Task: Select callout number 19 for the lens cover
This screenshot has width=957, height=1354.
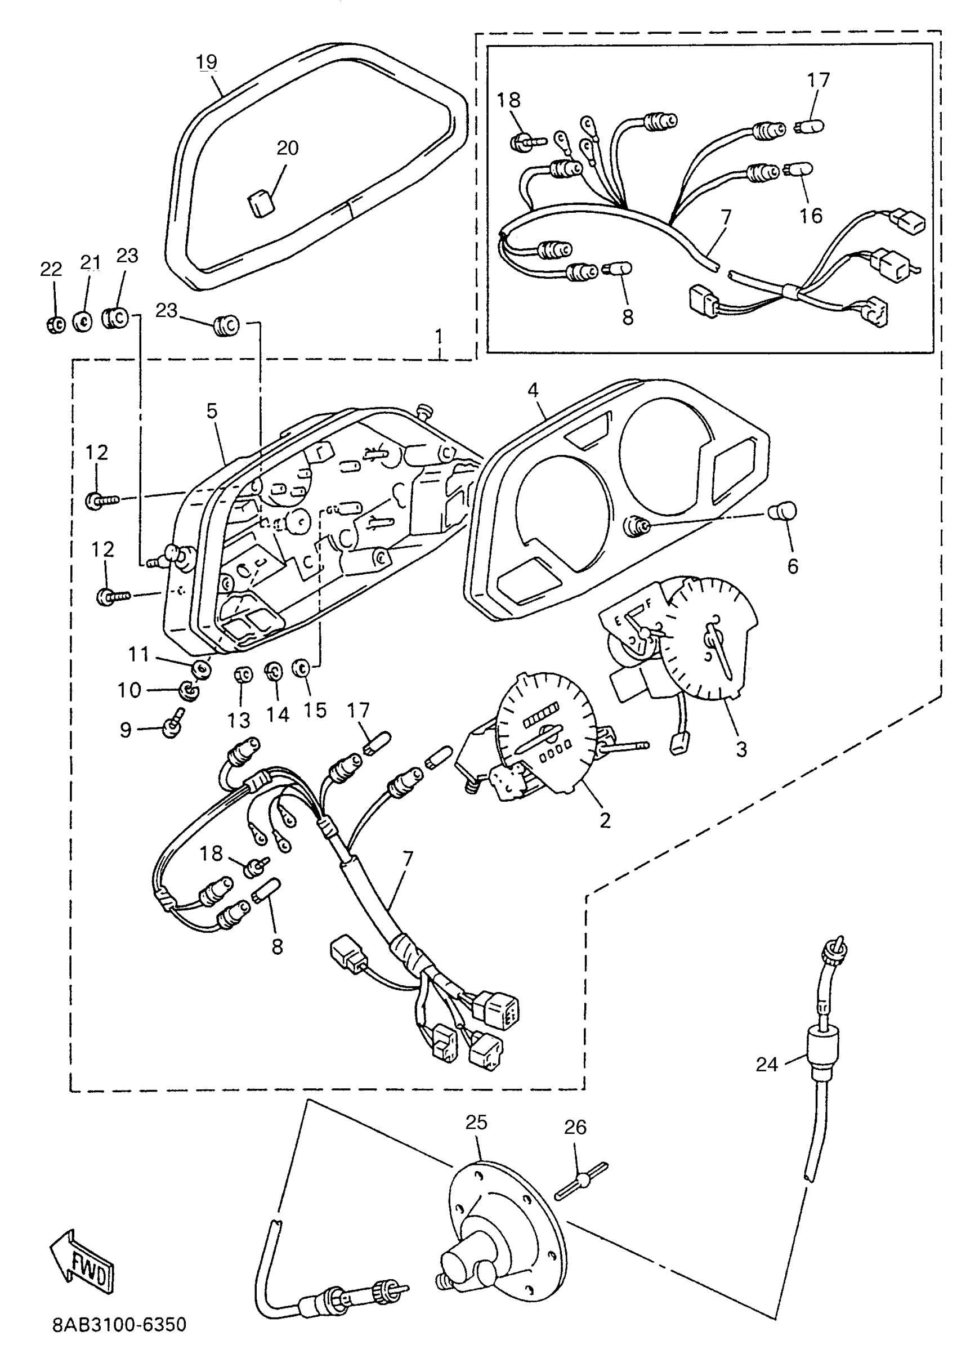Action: [207, 62]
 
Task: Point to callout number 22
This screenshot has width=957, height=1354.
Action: [51, 269]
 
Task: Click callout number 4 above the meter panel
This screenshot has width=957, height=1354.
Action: [533, 390]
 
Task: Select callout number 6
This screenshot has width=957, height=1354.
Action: [793, 566]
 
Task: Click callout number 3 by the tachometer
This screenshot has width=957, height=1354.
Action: [741, 749]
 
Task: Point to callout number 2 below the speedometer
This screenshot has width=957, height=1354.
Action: [605, 820]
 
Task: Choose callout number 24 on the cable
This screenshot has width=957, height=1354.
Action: [767, 1064]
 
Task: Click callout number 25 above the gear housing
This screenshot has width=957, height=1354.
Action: [476, 1121]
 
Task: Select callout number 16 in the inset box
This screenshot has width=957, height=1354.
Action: [811, 215]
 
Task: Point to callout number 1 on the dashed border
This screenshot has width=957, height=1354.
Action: [439, 337]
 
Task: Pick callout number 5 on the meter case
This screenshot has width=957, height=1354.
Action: [212, 411]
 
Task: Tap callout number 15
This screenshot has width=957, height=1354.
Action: [315, 710]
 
